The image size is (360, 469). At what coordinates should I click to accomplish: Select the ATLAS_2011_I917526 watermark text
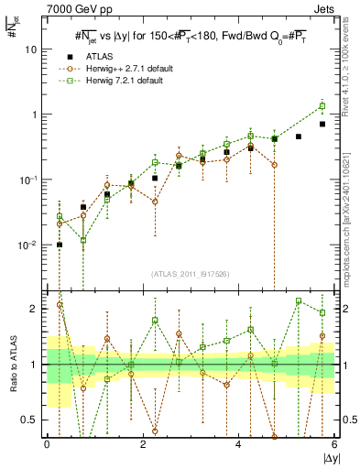(x=191, y=274)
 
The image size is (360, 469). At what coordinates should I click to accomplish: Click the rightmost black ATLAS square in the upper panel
(x=322, y=124)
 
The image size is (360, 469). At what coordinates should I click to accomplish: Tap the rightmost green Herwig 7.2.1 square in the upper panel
(x=322, y=106)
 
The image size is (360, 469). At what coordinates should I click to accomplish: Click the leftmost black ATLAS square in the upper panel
(x=60, y=245)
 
